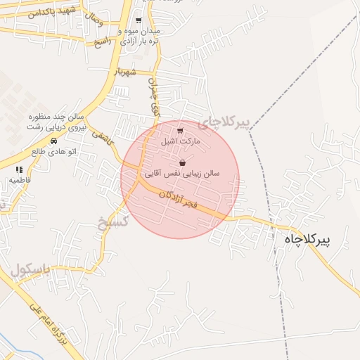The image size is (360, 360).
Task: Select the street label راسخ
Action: [x=104, y=41]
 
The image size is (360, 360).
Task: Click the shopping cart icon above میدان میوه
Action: [x=139, y=21]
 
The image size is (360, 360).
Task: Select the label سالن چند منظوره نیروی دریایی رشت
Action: [x=56, y=121]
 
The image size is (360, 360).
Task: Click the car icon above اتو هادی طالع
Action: [x=53, y=140]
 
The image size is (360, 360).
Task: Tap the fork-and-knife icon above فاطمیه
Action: [x=19, y=169]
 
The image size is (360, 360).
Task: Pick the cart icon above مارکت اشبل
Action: [x=181, y=131]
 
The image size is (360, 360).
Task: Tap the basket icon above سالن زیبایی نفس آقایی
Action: [x=183, y=162]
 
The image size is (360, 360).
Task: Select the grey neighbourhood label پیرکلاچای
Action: [x=224, y=122]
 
